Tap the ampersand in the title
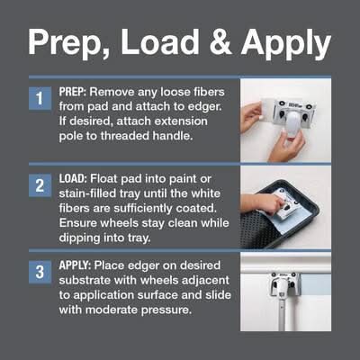pyautogui.click(x=220, y=41)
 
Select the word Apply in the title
pyautogui.click(x=286, y=43)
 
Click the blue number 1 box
pyautogui.click(x=40, y=98)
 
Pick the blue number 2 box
pyautogui.click(x=40, y=185)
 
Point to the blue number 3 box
pyautogui.click(x=40, y=272)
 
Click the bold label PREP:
pyautogui.click(x=72, y=92)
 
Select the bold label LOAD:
pyautogui.click(x=72, y=179)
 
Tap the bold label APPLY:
pyautogui.click(x=75, y=265)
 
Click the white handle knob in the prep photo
pyautogui.click(x=291, y=122)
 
